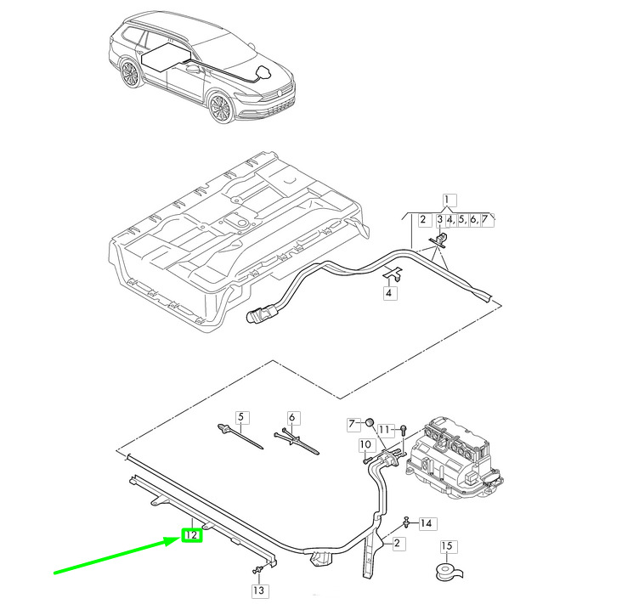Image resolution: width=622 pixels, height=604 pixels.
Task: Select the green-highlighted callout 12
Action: [x=191, y=536]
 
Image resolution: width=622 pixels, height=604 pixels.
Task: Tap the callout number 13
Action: [x=258, y=590]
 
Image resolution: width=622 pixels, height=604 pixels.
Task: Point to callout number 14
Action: [x=426, y=523]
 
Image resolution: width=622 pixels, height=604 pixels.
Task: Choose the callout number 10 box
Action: [x=365, y=444]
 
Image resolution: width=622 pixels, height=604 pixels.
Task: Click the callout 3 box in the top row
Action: [x=440, y=220]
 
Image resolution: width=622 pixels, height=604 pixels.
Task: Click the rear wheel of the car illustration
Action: [x=130, y=74]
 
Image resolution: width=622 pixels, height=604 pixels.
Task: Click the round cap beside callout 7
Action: [x=370, y=422]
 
